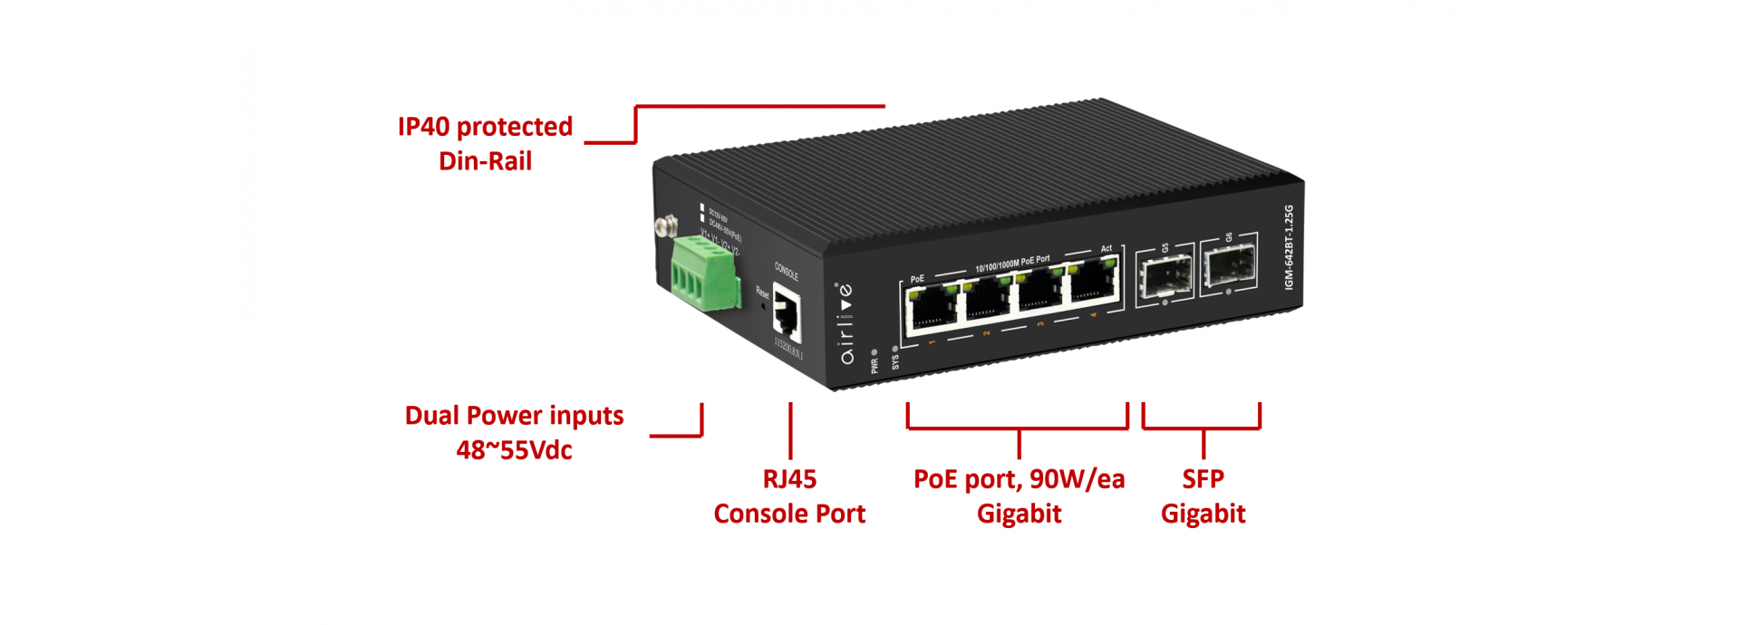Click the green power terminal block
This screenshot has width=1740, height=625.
tap(705, 271)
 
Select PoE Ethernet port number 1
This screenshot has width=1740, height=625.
tap(931, 307)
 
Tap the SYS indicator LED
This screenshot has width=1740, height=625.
tap(894, 348)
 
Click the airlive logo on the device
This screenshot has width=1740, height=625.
tap(846, 323)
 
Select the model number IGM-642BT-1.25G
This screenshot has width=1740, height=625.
tap(1289, 247)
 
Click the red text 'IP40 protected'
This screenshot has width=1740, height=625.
tap(485, 127)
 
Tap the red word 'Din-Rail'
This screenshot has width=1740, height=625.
tap(485, 161)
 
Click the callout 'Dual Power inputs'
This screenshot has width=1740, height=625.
tap(514, 416)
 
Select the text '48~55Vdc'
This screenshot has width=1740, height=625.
tap(514, 450)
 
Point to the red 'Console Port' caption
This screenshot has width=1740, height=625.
tap(788, 514)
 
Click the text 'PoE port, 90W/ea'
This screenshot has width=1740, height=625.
tap(1019, 479)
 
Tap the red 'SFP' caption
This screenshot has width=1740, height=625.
tap(1203, 479)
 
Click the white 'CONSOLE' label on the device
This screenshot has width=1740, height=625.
tap(786, 270)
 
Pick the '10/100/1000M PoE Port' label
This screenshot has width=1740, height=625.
tap(1012, 263)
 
